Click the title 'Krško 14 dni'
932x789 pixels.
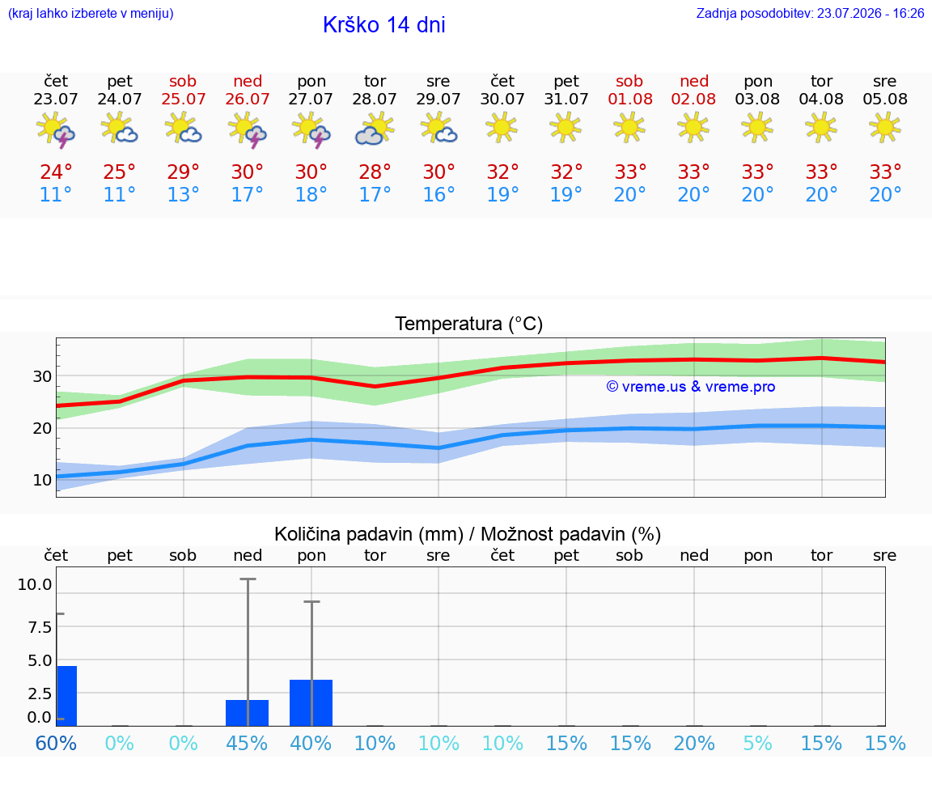(384, 25)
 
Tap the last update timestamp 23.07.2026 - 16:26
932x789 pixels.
(871, 13)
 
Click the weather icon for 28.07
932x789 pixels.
(375, 129)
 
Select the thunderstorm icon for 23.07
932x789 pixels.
(55, 129)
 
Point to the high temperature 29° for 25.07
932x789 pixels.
(183, 172)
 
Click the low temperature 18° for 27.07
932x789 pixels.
(311, 194)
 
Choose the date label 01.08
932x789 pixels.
(630, 99)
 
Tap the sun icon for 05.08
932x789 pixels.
(885, 127)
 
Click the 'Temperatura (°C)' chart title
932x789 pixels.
(469, 324)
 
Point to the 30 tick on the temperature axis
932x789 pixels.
(42, 376)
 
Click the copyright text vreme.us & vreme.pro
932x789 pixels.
(691, 387)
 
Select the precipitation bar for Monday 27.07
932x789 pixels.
(311, 702)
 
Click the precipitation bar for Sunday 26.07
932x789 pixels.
(248, 713)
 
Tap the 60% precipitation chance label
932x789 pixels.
(56, 743)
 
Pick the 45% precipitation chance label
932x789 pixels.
(247, 743)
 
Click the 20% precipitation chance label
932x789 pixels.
(693, 743)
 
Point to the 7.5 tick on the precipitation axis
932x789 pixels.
(40, 626)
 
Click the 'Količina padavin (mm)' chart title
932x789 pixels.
(369, 534)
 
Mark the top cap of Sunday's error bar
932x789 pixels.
(248, 579)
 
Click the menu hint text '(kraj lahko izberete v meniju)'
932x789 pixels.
(91, 13)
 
